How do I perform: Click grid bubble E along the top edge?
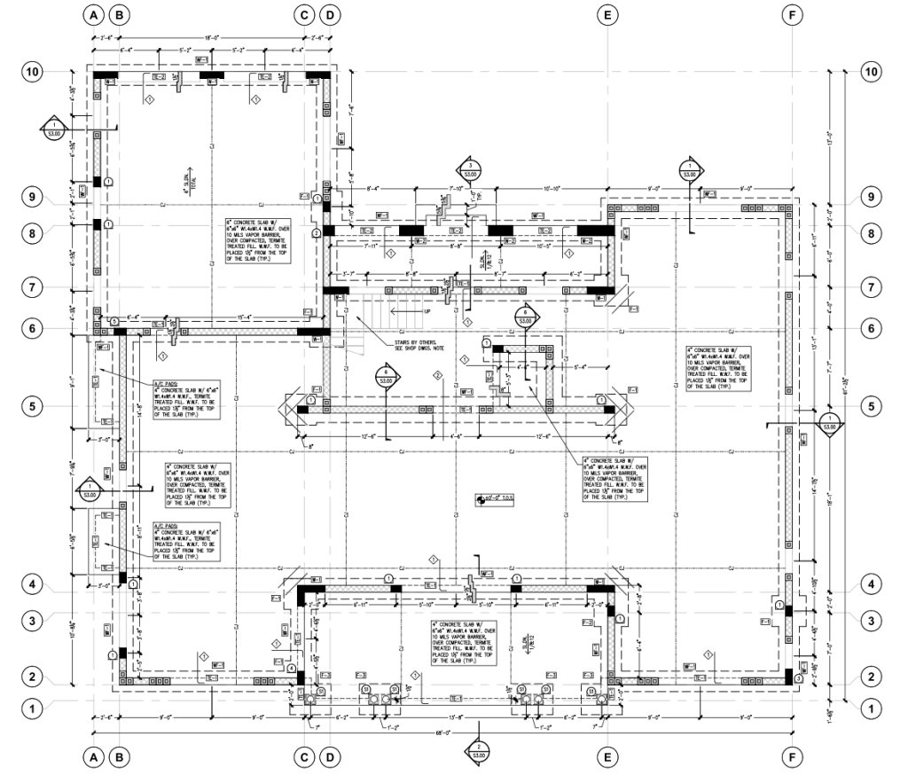(607, 15)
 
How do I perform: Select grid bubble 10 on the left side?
(35, 72)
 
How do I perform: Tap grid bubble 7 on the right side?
(872, 288)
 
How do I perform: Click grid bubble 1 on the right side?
(872, 709)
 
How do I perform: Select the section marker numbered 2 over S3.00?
(480, 752)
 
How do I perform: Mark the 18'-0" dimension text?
(211, 38)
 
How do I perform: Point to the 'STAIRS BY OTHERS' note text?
(414, 343)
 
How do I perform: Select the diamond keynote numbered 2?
(436, 376)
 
